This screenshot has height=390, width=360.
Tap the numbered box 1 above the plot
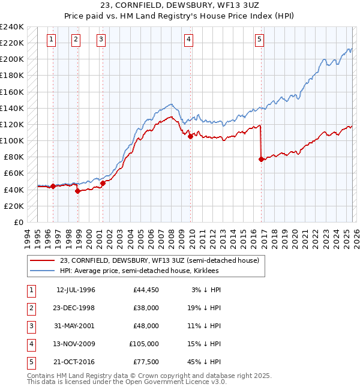tap(52, 40)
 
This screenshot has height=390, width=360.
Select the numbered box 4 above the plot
tap(188, 40)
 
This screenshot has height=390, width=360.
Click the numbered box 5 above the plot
tap(259, 40)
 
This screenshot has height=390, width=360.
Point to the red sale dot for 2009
tap(190, 136)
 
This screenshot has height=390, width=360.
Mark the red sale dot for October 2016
tap(261, 159)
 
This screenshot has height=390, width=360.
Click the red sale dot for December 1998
tap(78, 191)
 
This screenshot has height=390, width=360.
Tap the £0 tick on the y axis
tap(17, 222)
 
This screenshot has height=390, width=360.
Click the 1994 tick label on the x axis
tap(28, 236)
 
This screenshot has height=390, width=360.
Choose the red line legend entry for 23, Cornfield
tap(159, 260)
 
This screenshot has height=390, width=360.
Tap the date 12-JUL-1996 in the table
tap(76, 290)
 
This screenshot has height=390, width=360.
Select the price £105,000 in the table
tap(144, 344)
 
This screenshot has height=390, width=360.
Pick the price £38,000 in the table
tap(146, 308)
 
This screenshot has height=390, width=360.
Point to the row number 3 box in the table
tap(31, 326)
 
